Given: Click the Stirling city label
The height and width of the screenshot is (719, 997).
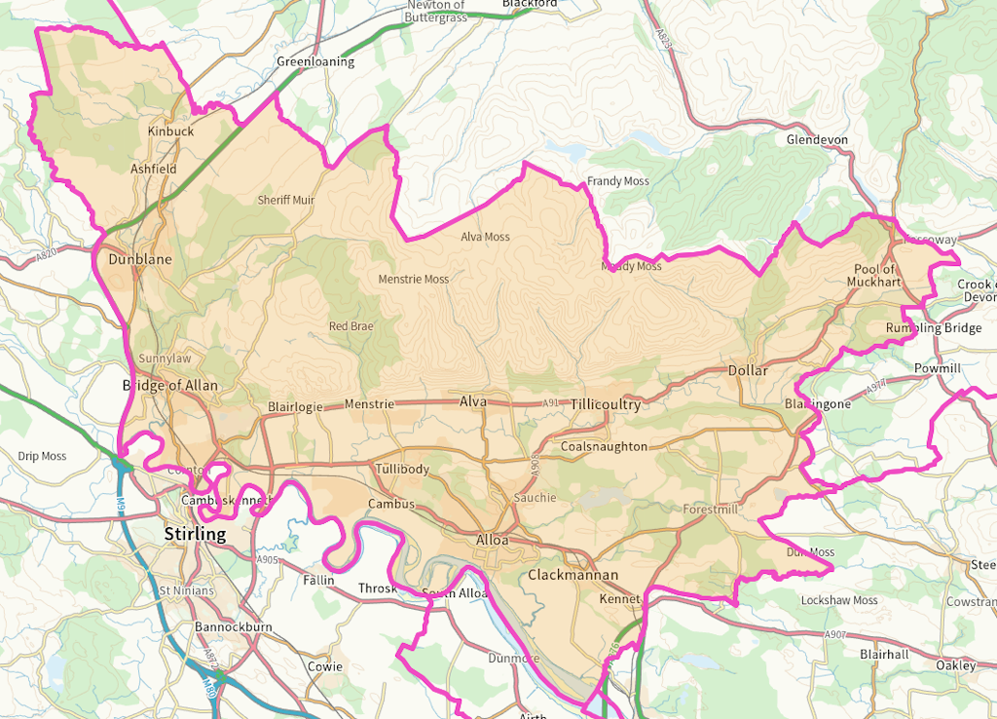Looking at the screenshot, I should click(x=195, y=534).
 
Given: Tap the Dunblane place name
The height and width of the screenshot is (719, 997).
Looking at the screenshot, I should click(x=139, y=260).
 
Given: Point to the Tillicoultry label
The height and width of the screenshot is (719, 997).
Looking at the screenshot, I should click(x=606, y=404).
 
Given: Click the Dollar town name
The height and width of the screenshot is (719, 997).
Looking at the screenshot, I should click(x=748, y=370).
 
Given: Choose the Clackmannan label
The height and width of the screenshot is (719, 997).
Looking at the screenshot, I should click(x=573, y=575).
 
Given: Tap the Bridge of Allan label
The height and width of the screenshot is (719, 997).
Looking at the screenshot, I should click(x=170, y=386).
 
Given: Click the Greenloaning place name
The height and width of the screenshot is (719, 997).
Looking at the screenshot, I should click(x=315, y=61).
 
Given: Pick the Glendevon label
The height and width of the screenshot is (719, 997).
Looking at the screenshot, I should click(x=817, y=139).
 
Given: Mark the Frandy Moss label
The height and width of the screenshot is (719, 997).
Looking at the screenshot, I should click(x=617, y=181).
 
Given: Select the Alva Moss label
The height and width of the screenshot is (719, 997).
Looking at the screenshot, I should click(x=485, y=237).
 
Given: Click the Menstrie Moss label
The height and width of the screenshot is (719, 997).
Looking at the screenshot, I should click(x=414, y=280).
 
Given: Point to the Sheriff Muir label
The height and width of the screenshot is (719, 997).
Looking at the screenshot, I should click(x=286, y=200).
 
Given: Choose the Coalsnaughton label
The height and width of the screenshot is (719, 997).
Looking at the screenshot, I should click(x=604, y=446).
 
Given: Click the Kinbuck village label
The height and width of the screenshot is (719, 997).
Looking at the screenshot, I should click(x=170, y=131).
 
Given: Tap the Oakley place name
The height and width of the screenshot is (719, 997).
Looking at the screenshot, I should click(x=955, y=665).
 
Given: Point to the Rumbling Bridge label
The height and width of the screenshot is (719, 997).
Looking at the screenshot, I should click(x=933, y=328).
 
